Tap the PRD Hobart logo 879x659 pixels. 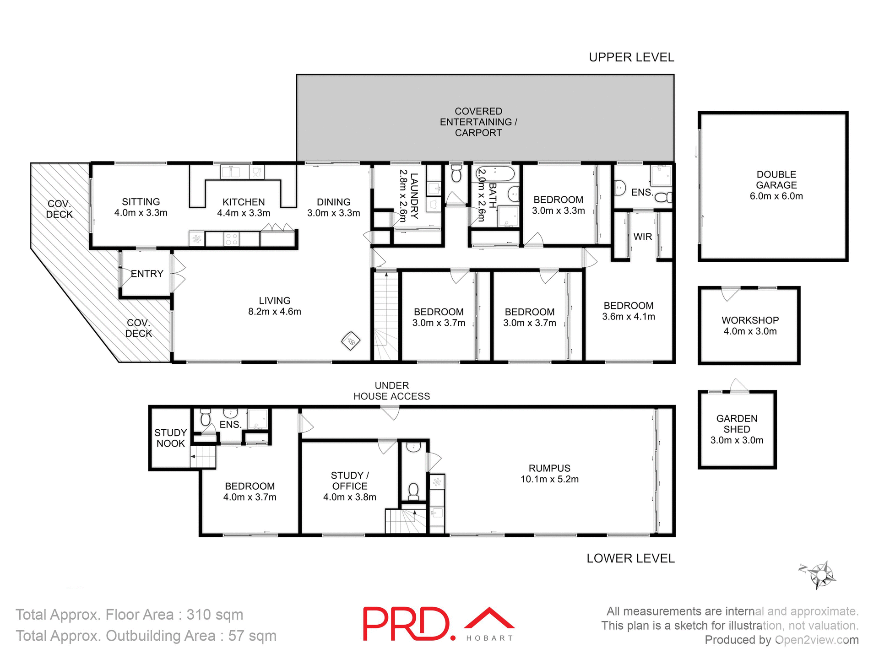pos(438,624)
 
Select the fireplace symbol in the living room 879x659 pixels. pos(351,340)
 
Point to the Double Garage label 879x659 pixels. pos(776,185)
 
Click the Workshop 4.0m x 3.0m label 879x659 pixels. pos(750,326)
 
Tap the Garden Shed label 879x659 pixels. pos(737,429)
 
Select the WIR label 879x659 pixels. pos(642,237)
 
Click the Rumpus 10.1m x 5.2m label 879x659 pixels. pos(549,474)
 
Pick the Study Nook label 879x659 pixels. pos(170,438)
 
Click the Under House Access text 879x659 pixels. pos(391,391)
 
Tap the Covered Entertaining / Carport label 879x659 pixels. pos(478,122)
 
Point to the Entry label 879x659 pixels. pos(147,274)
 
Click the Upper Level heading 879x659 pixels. pos(631,57)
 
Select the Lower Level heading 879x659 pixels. pos(630,558)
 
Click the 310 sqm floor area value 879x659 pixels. pos(215,615)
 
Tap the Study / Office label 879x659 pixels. pos(350,486)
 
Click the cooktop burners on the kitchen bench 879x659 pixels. pos(232,239)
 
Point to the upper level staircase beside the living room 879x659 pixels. pos(386,316)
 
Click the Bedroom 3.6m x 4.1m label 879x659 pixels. pos(628,311)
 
